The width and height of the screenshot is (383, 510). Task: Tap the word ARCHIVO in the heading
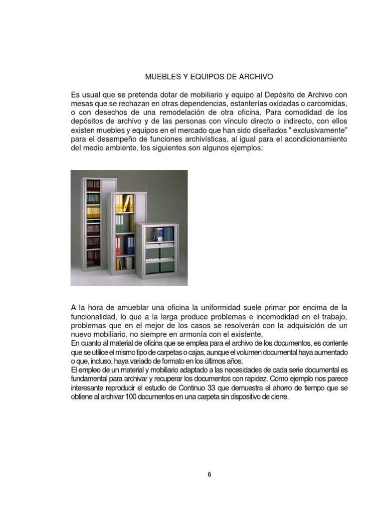[256, 77]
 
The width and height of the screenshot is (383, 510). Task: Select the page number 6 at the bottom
[209, 474]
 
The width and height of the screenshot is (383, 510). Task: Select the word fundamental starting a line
[91, 380]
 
